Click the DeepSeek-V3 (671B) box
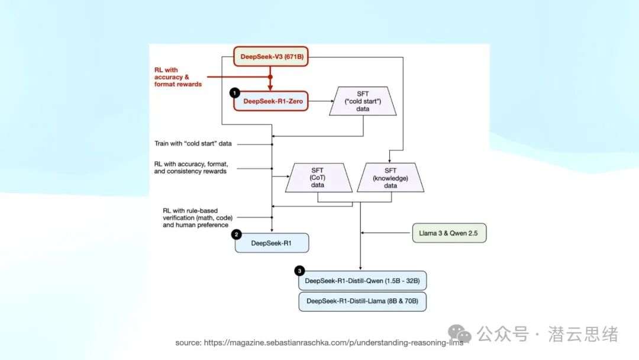click(x=271, y=57)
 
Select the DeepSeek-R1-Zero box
click(x=271, y=101)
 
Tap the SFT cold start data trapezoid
click(x=363, y=101)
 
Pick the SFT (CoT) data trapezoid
click(x=318, y=178)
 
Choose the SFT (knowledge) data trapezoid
click(x=390, y=178)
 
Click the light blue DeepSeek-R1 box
click(x=272, y=243)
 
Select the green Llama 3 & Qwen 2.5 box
click(x=449, y=233)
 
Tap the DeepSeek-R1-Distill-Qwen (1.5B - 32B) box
click(x=362, y=281)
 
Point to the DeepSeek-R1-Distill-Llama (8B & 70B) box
click(x=362, y=301)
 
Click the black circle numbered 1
click(x=235, y=93)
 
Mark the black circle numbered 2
click(x=236, y=234)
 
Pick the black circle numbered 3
click(x=299, y=271)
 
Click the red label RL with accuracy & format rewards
click(x=178, y=77)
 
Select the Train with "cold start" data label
click(x=193, y=143)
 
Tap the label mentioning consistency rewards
click(x=191, y=168)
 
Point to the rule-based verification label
click(x=198, y=218)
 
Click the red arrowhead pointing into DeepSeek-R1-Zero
click(x=270, y=88)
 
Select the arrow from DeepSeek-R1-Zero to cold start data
click(x=321, y=101)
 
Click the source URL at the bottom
click(x=319, y=343)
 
